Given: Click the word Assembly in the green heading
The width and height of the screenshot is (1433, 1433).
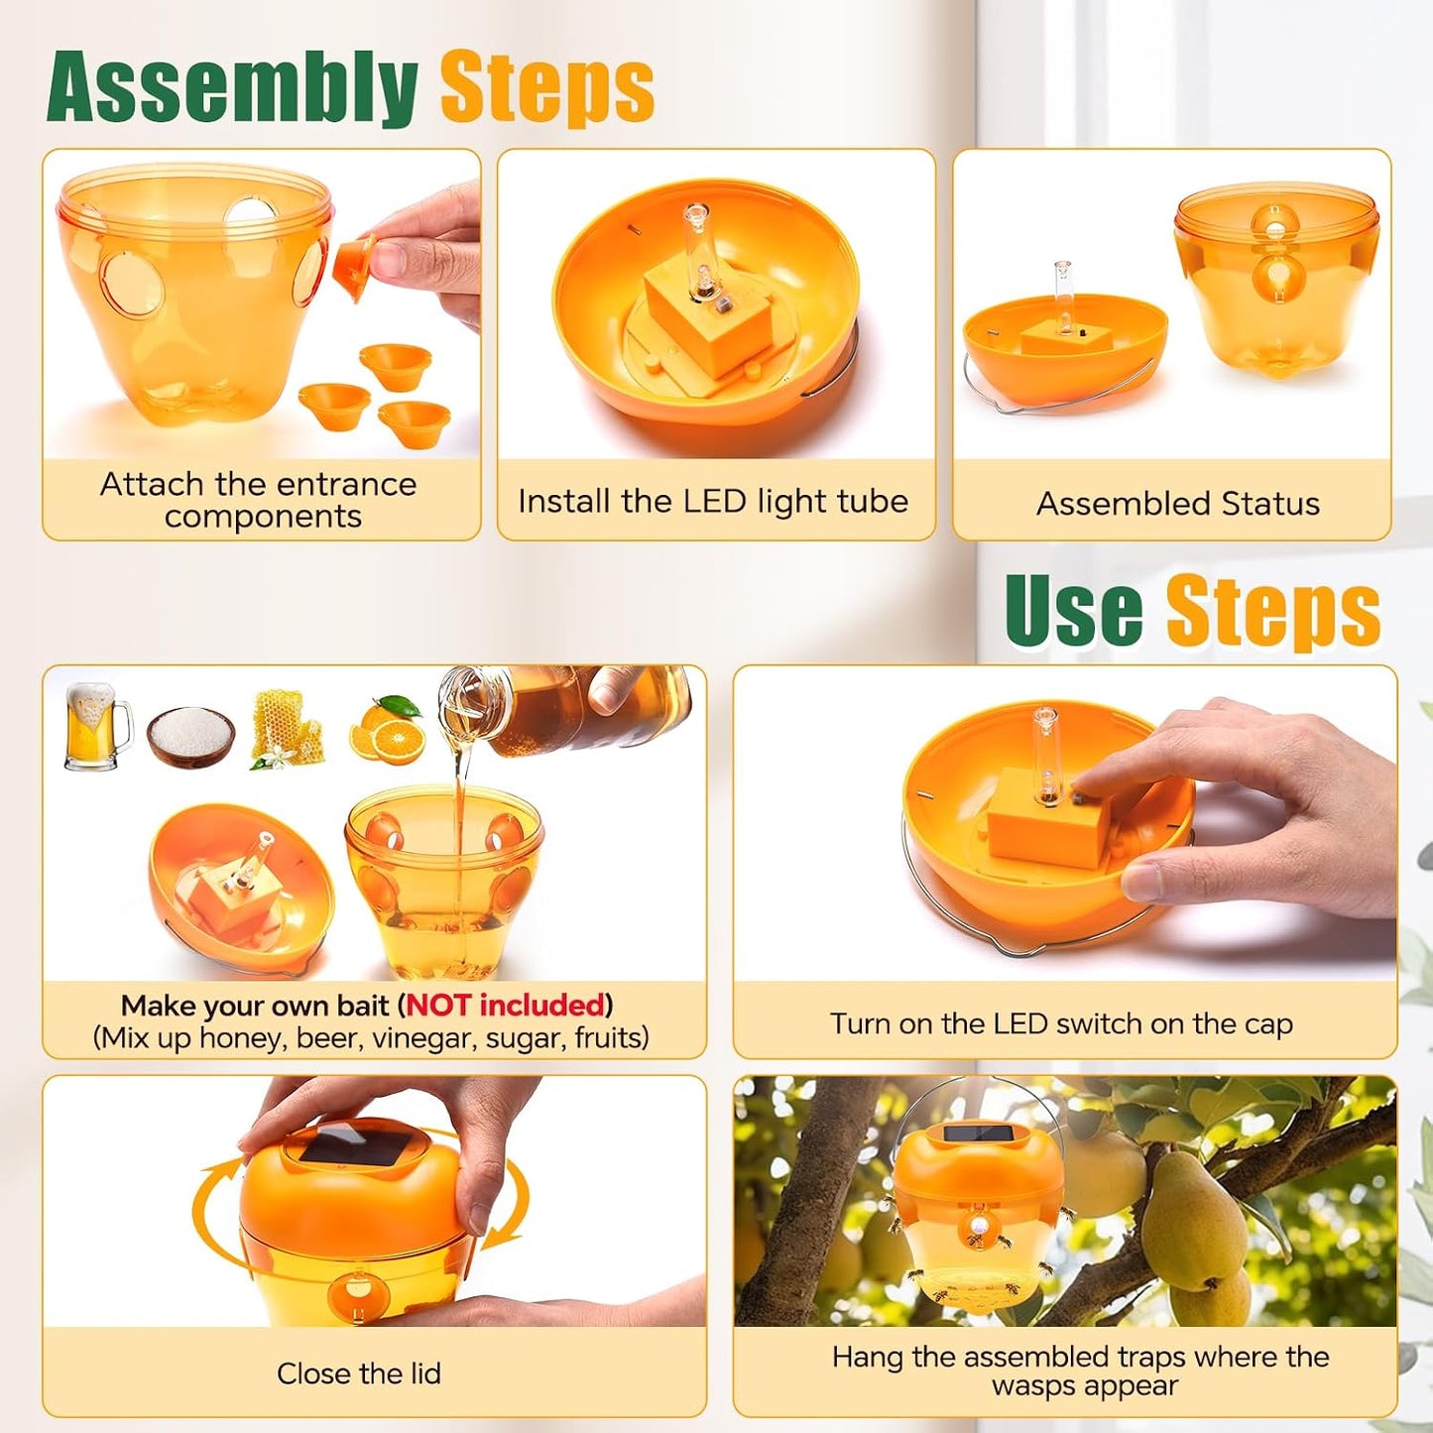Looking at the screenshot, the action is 232,88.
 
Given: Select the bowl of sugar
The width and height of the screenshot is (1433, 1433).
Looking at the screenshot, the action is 191,735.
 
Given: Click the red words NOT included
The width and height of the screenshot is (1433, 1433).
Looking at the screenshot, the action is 505,1005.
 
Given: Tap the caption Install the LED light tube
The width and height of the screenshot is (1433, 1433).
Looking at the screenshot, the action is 713,501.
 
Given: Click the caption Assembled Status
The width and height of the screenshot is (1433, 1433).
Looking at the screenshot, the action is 1178,504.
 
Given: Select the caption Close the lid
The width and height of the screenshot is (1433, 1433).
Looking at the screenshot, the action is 358,1373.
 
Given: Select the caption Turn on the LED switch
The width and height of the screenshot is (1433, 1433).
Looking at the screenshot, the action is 1061,1023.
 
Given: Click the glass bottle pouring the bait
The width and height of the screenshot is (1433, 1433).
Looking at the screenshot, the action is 565,706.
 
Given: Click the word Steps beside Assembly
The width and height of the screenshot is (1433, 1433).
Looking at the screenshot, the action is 547,90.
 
